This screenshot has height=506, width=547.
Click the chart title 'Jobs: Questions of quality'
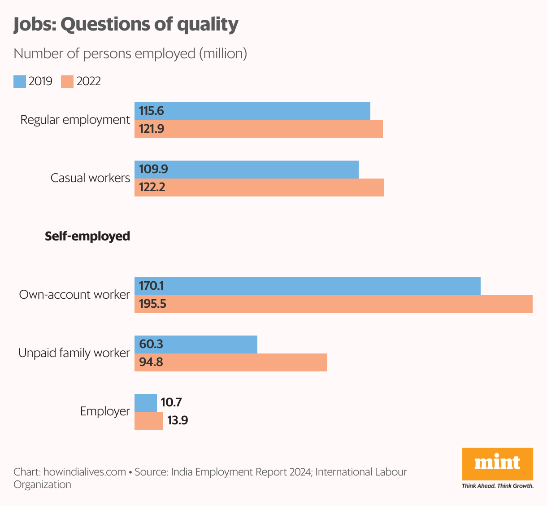coord(126,24)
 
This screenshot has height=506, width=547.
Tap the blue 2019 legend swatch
coord(20,82)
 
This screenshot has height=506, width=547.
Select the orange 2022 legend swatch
coord(67,82)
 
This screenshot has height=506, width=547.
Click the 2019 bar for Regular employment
coord(269,111)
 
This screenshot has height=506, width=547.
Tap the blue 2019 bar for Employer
coord(146,403)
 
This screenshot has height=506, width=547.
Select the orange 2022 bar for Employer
coord(149,421)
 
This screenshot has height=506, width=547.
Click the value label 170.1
coord(151,286)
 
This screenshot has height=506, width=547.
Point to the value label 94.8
coord(151,362)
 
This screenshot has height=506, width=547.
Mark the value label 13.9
coord(178,421)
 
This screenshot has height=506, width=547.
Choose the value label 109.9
coord(153,169)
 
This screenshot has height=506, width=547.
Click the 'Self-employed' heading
coord(87,236)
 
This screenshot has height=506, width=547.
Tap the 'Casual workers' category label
coord(90,178)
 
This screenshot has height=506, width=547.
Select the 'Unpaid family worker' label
coord(74,353)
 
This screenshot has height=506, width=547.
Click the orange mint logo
coord(498,463)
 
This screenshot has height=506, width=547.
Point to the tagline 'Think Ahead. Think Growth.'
coord(498,486)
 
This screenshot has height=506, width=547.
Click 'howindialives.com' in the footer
coord(85,472)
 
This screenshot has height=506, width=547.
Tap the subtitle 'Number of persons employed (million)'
coord(130,54)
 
